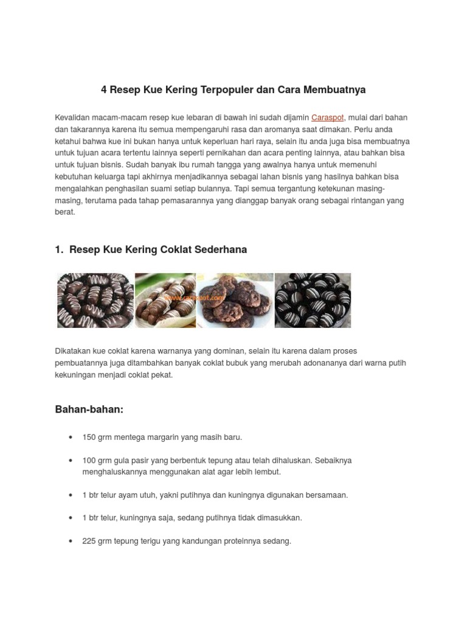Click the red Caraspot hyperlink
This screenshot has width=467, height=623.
click(x=327, y=117)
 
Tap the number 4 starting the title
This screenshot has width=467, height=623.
click(x=103, y=90)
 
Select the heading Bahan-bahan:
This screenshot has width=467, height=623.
click(x=89, y=409)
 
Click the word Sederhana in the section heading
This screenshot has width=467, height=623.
click(x=218, y=249)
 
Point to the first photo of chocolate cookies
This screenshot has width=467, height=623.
click(x=95, y=301)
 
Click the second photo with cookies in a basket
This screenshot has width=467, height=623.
click(x=165, y=301)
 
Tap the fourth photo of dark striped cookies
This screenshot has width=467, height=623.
click(x=313, y=301)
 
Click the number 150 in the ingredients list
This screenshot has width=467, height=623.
click(x=89, y=437)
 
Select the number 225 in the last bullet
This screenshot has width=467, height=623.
click(x=89, y=540)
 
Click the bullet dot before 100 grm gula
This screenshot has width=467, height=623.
click(x=71, y=461)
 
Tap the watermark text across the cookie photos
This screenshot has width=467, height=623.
click(x=195, y=298)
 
